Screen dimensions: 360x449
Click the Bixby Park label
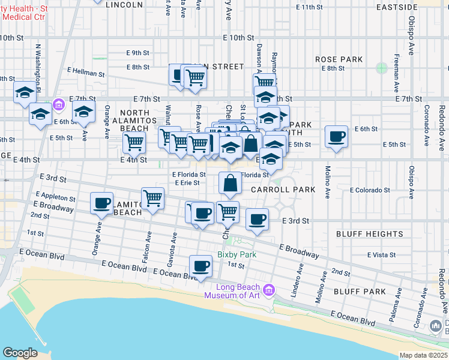point(237,255)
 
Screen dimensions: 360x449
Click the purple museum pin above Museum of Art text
point(269,291)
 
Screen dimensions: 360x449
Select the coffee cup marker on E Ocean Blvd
point(200,266)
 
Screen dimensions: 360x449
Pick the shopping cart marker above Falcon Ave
point(153,198)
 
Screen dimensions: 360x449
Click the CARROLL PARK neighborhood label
point(283,190)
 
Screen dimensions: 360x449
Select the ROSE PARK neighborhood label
point(339,59)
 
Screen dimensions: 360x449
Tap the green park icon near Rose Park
point(381,68)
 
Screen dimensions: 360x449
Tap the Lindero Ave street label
point(294,284)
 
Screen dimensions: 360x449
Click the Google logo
point(20,352)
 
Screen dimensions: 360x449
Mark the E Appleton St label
point(56,197)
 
